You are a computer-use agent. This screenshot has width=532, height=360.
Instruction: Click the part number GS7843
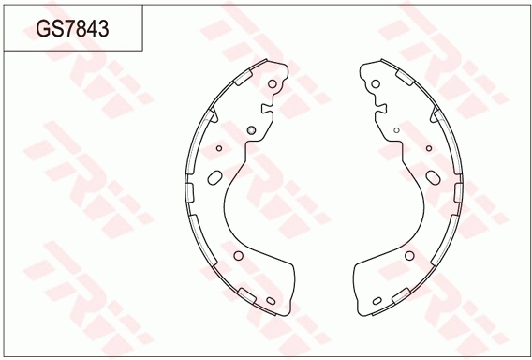[x=72, y=28]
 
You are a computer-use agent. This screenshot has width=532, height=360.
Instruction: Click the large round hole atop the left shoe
[x=273, y=83]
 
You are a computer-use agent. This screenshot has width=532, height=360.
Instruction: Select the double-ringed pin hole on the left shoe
[x=251, y=129]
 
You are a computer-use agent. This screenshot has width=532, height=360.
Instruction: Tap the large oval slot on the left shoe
[x=214, y=177]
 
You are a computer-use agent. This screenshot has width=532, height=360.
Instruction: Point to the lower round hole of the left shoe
[x=239, y=256]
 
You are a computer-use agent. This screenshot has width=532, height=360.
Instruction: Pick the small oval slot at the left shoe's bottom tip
[x=271, y=301]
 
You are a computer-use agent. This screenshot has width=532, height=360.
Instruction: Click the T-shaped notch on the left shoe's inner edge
[x=267, y=108]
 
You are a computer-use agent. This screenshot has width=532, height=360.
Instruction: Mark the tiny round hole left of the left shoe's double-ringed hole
[x=219, y=148]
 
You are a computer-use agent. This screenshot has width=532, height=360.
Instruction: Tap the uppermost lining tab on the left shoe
[x=244, y=78]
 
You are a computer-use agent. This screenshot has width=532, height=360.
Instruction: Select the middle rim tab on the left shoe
[x=189, y=192]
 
